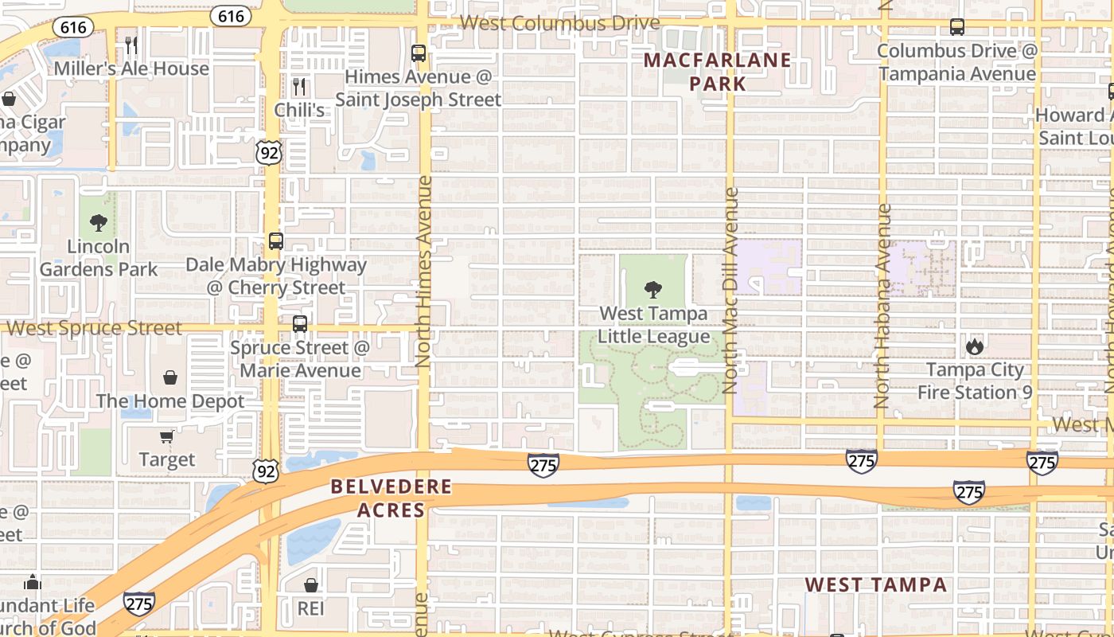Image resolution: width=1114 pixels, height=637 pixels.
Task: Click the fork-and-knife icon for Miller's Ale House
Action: click(131, 45)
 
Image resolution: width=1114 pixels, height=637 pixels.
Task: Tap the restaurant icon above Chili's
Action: click(299, 86)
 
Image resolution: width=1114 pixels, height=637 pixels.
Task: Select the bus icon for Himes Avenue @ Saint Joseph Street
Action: click(419, 53)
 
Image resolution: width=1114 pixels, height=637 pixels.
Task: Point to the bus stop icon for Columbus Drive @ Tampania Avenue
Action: click(957, 27)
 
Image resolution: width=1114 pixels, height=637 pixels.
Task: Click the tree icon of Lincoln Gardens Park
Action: click(99, 223)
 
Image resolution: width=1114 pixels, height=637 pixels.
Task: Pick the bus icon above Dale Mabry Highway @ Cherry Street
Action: click(276, 240)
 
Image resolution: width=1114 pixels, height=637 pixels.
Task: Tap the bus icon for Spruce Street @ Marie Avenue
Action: click(300, 324)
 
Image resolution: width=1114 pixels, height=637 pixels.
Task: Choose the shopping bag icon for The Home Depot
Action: click(170, 377)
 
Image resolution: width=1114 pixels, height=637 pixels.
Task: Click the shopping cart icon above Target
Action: click(166, 436)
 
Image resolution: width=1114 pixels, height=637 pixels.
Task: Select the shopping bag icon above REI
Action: click(311, 585)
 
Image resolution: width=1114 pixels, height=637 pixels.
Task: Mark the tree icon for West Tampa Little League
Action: click(653, 290)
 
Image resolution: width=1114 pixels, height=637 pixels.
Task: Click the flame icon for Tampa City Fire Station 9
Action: click(974, 346)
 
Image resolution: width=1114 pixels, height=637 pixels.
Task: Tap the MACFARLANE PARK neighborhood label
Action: click(718, 72)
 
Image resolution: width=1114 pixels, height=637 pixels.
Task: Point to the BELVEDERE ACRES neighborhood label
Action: click(391, 498)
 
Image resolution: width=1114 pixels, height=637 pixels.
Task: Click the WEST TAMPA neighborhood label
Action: click(875, 585)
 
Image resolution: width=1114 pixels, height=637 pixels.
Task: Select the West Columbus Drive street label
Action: click(560, 22)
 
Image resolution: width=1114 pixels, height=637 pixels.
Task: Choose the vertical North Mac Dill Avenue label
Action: click(730, 291)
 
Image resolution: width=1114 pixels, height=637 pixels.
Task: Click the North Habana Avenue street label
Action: click(882, 307)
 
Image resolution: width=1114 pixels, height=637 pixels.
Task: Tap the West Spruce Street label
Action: click(95, 328)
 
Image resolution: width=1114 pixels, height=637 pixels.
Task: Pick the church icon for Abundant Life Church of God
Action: click(33, 582)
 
